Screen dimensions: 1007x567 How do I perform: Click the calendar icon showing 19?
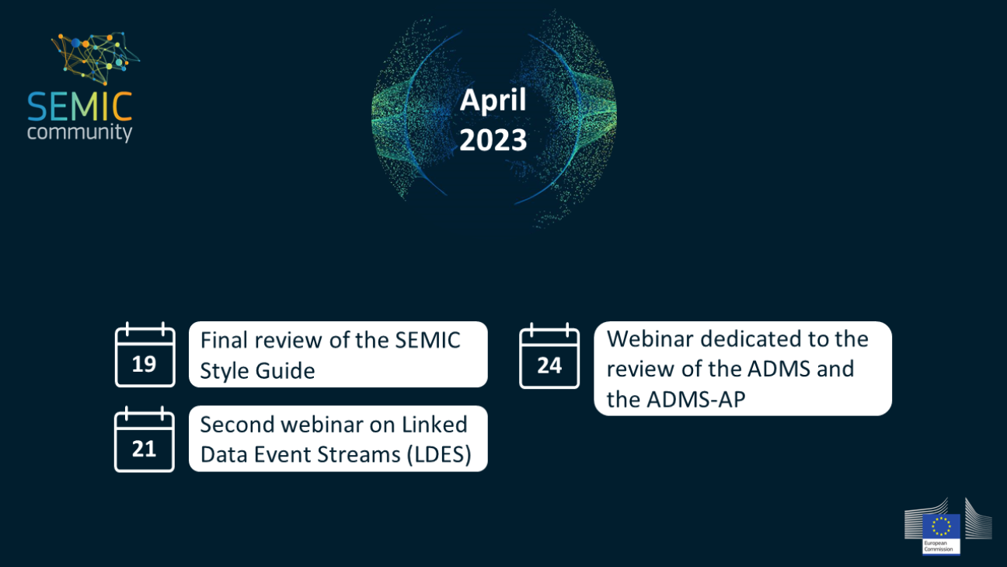145,355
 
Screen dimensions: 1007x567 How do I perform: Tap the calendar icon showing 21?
145,439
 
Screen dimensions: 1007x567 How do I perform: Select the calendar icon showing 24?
549,355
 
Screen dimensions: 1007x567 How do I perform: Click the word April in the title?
493,100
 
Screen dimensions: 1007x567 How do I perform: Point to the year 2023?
493,140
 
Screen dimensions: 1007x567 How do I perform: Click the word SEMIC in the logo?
79,107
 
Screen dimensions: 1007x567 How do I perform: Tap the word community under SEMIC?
79,133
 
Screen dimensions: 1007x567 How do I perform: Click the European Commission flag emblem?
941,527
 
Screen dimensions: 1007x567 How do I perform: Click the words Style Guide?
257,371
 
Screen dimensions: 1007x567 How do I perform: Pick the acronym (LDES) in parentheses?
439,454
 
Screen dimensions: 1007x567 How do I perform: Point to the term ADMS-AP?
696,399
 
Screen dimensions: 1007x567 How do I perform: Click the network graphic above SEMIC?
96,58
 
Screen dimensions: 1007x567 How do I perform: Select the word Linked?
434,425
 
